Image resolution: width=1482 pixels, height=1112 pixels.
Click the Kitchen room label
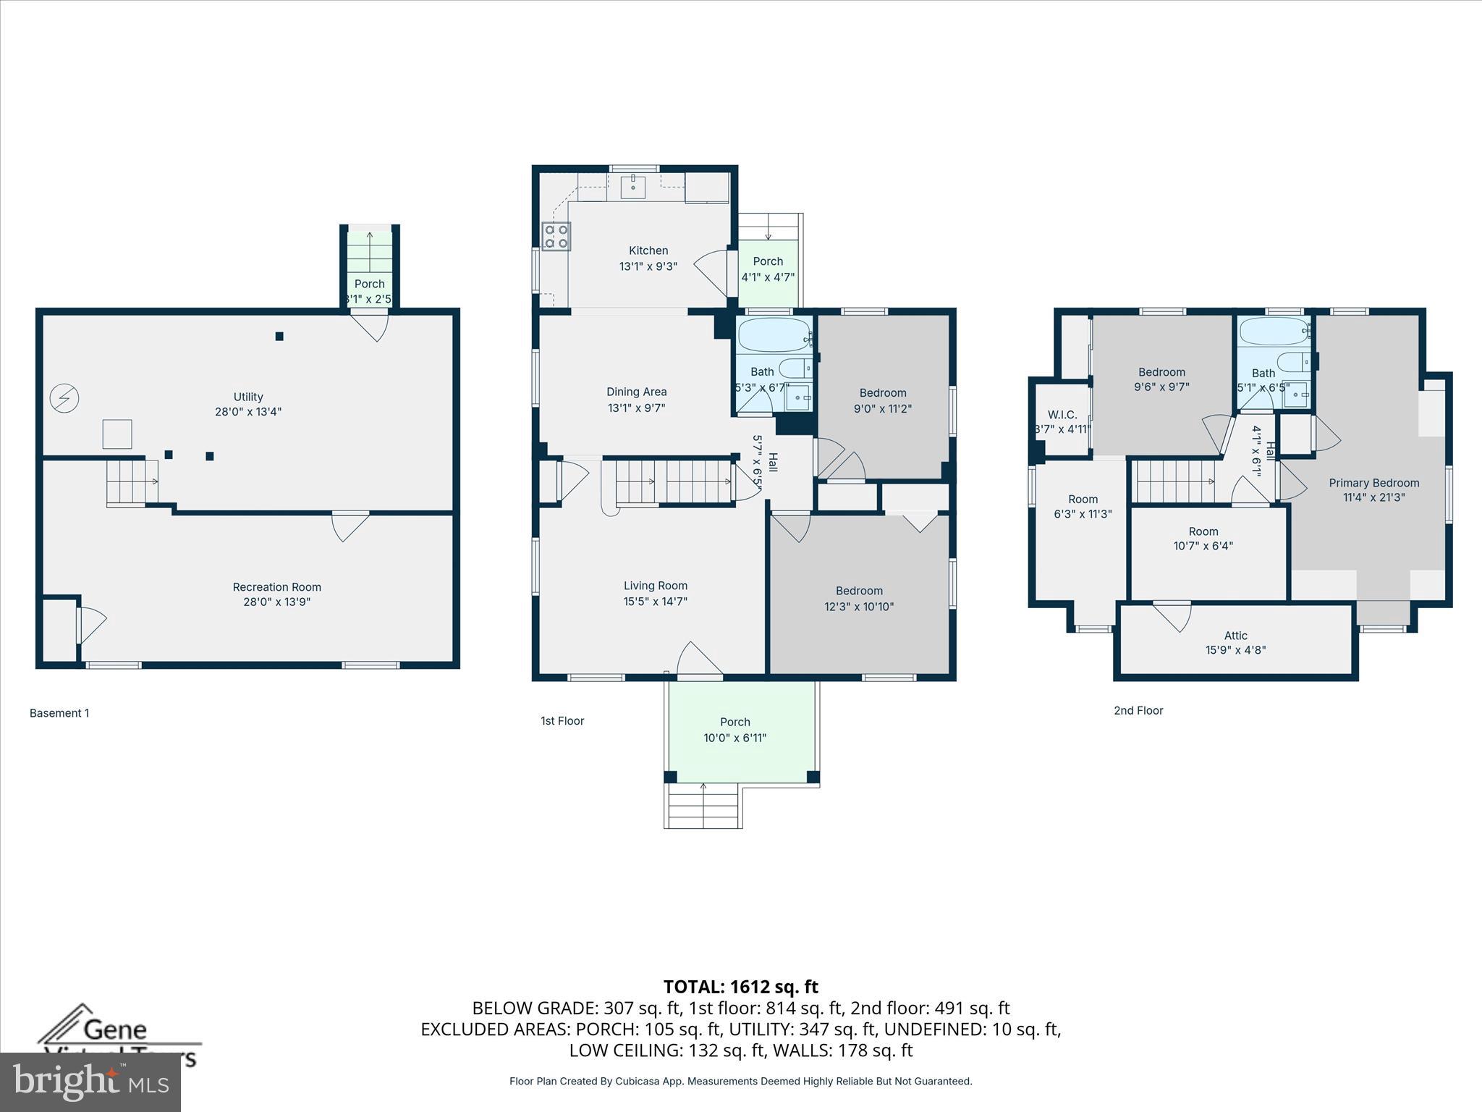(648, 250)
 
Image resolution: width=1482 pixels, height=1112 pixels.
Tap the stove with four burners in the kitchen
(556, 236)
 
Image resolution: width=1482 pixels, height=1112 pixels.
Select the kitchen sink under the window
(634, 186)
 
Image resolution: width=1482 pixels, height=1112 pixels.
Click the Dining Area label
(636, 392)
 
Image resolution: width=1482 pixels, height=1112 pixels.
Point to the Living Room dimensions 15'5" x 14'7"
(655, 601)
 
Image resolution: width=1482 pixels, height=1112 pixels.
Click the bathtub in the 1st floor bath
(774, 334)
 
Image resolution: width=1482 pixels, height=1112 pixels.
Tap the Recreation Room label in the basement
(276, 587)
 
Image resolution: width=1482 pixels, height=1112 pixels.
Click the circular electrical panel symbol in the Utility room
(64, 398)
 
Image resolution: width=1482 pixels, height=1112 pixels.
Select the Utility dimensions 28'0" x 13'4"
(247, 412)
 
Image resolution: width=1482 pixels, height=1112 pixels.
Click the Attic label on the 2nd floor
(1235, 636)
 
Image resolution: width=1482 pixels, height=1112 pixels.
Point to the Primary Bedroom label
(1373, 483)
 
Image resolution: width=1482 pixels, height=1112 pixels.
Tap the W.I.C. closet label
(1062, 415)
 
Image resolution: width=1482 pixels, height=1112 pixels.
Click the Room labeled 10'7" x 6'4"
(1203, 539)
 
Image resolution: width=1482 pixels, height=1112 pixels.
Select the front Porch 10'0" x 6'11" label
(734, 730)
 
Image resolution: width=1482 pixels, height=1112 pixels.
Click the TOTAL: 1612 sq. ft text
(740, 987)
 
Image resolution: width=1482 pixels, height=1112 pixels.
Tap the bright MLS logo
(90, 1082)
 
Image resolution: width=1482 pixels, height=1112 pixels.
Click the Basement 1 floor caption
(59, 713)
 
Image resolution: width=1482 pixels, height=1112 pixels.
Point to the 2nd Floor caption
(1138, 710)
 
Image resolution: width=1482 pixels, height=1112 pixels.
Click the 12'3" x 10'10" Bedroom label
(859, 599)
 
